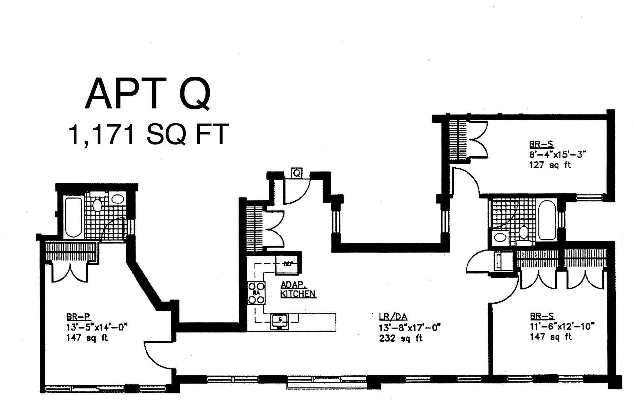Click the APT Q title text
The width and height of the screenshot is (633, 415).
147,94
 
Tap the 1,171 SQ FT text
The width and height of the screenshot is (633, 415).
148,134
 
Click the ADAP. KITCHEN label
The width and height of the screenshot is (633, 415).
298,289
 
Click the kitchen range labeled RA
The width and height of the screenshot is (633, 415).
256,292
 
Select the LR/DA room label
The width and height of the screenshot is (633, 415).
393,317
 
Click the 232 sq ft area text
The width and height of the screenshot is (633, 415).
401,338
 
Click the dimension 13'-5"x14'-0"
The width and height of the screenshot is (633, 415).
97,327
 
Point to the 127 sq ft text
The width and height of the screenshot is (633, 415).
550,165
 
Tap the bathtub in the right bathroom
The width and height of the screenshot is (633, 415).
546,220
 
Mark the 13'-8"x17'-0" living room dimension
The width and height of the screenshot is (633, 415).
410,327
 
